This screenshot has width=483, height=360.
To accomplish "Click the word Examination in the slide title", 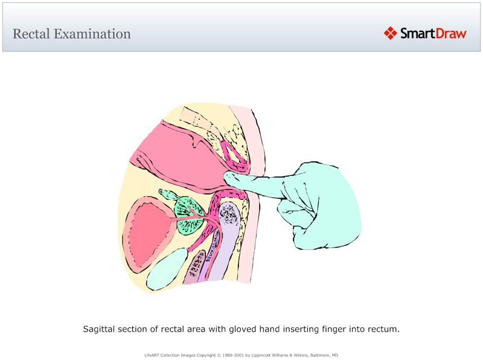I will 92,34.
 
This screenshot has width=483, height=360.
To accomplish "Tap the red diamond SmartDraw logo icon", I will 390,33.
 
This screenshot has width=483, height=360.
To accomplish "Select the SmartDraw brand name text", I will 433,33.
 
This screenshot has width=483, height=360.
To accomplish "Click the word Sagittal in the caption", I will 101,330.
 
